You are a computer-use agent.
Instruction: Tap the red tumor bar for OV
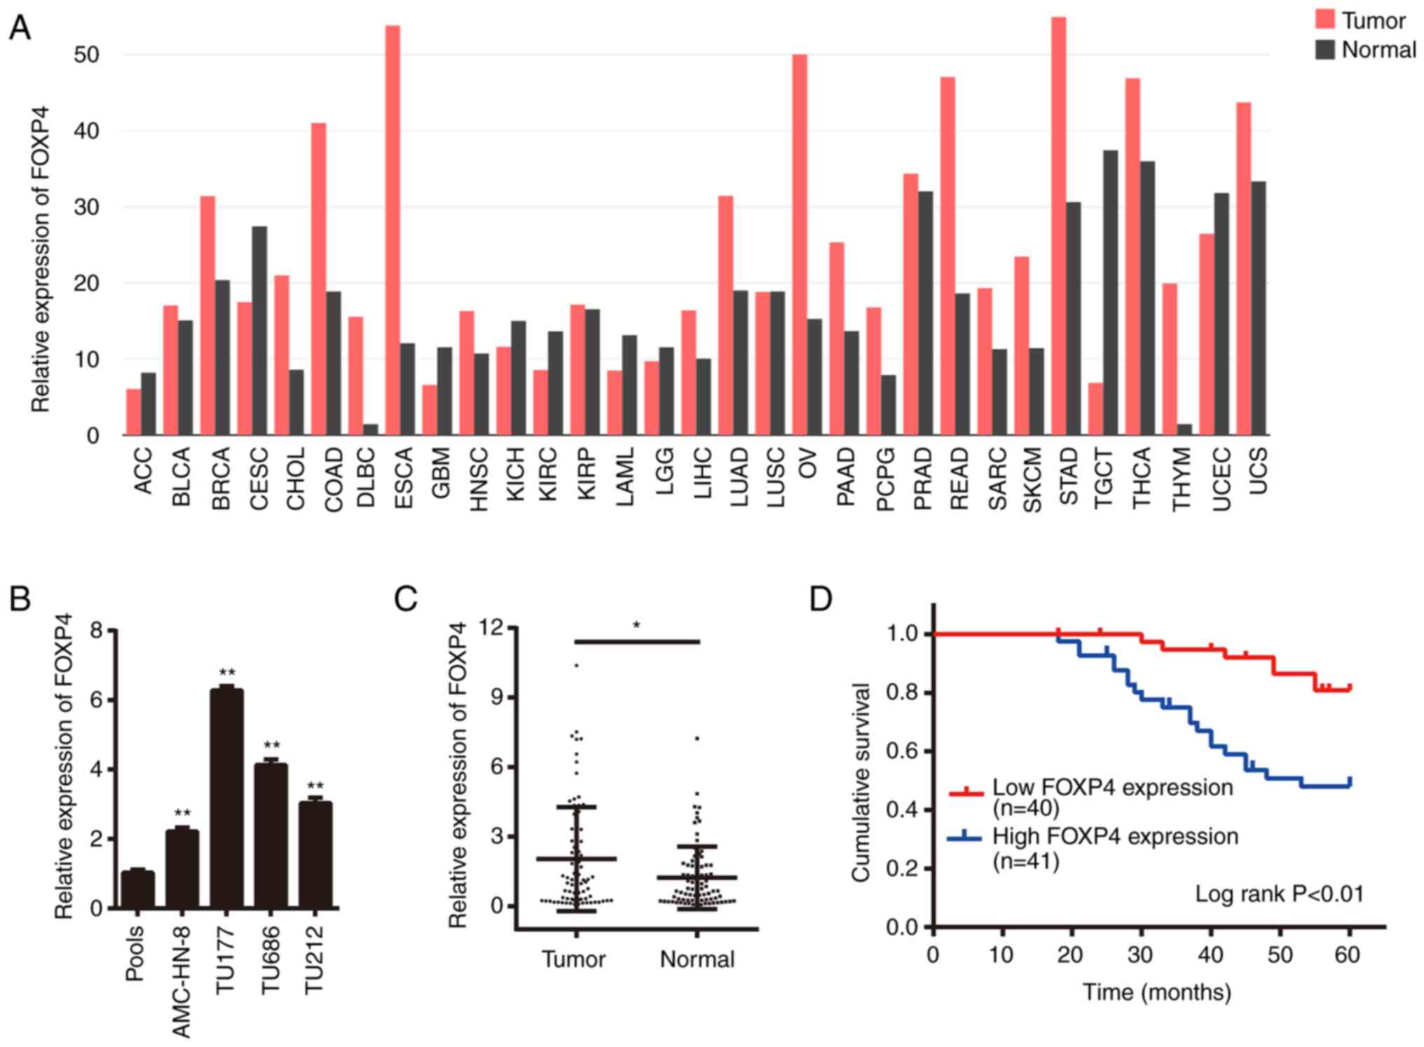pos(800,245)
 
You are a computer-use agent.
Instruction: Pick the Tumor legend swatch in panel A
pos(1324,20)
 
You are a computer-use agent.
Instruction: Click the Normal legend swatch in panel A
pos(1324,50)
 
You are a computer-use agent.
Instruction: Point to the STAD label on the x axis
pos(1069,477)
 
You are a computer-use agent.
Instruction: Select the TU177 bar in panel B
pos(226,798)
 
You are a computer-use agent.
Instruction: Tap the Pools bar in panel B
pos(138,889)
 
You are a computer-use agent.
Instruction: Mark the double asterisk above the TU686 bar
pos(271,746)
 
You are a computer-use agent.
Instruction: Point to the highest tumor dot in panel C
pos(576,664)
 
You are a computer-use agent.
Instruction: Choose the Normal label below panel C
pos(697,959)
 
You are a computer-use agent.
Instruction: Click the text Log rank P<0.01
pos(1279,894)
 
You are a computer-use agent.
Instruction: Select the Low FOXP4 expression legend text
pos(1112,788)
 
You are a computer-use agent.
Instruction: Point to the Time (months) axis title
pos(1157,992)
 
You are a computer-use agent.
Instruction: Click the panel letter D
pos(821,600)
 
